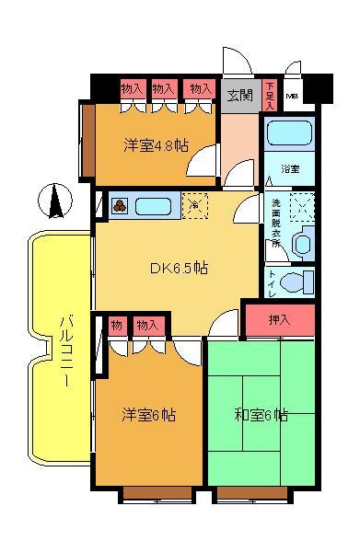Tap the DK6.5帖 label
(x=179, y=269)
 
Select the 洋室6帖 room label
(x=148, y=415)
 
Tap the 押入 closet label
(x=279, y=320)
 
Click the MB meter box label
(x=292, y=95)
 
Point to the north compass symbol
(x=55, y=201)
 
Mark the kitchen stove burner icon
(x=120, y=205)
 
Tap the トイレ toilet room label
(x=272, y=282)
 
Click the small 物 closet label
(x=117, y=324)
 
